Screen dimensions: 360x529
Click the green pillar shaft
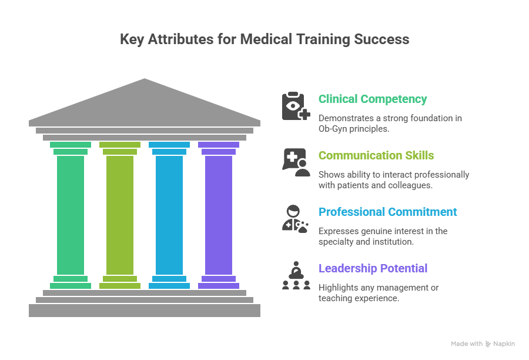(x=71, y=215)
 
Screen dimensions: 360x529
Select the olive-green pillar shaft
(x=120, y=215)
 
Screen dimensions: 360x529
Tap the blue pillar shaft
(x=169, y=215)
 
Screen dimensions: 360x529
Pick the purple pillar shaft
(x=219, y=215)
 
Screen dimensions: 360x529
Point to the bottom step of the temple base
(x=145, y=310)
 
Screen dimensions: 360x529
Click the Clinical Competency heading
(x=373, y=99)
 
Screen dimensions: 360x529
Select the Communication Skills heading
(x=376, y=156)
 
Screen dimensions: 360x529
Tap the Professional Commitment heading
(x=387, y=212)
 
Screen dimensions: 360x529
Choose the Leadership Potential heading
(x=373, y=269)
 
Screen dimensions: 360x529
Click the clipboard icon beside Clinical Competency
(x=296, y=106)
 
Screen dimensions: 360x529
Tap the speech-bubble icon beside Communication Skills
(x=296, y=162)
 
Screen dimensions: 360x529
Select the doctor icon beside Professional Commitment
(x=296, y=219)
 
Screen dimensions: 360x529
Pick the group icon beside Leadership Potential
(x=296, y=275)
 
